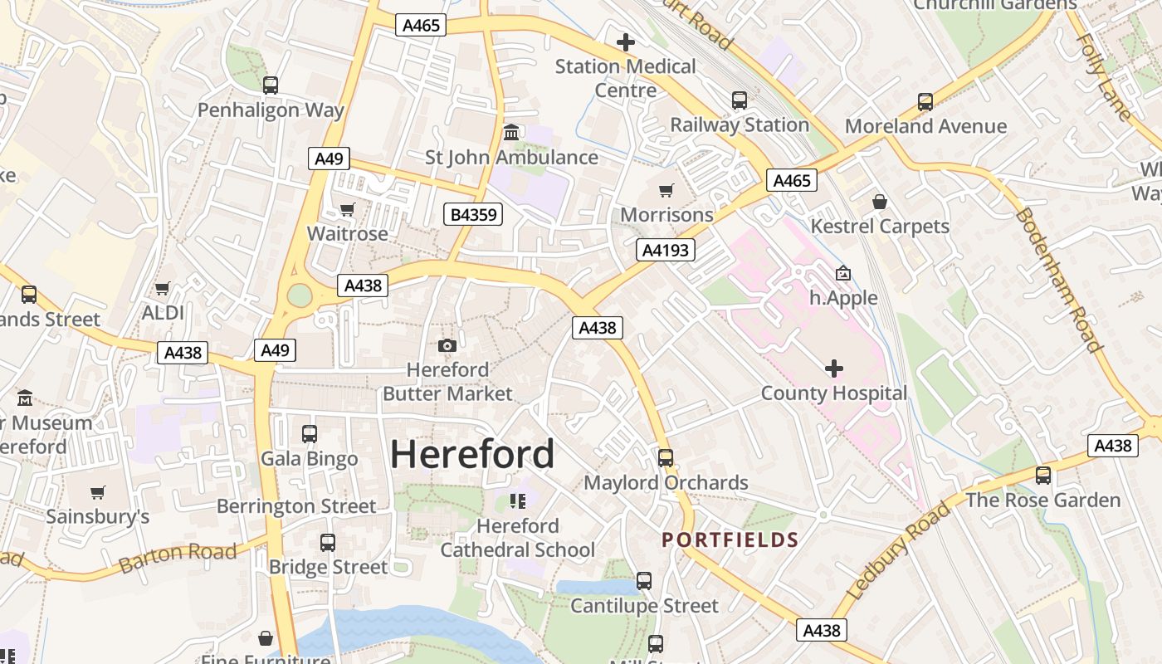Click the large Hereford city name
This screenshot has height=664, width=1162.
click(x=472, y=454)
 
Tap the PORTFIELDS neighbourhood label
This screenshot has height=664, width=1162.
click(x=730, y=540)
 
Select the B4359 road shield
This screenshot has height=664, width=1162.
click(x=473, y=215)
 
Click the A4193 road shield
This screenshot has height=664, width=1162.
click(x=666, y=250)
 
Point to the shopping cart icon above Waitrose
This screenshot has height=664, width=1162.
click(x=348, y=209)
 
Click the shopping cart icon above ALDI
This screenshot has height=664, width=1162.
click(x=163, y=289)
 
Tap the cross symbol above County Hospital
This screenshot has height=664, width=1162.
click(x=834, y=369)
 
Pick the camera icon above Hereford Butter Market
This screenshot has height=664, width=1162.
click(x=447, y=345)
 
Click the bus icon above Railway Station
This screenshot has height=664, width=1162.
click(x=740, y=100)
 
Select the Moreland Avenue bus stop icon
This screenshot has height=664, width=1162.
click(x=925, y=102)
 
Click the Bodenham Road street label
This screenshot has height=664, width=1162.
click(x=1058, y=280)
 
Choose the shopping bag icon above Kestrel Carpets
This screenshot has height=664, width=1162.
click(x=880, y=202)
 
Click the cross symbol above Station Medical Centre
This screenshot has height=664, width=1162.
click(x=626, y=41)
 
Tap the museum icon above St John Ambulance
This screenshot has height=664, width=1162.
click(x=511, y=133)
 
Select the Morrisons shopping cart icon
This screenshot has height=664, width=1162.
click(x=666, y=191)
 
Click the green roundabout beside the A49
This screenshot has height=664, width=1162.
click(x=300, y=295)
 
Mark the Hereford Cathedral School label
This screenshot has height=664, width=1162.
click(x=518, y=538)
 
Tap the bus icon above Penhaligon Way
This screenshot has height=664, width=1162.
click(x=271, y=85)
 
